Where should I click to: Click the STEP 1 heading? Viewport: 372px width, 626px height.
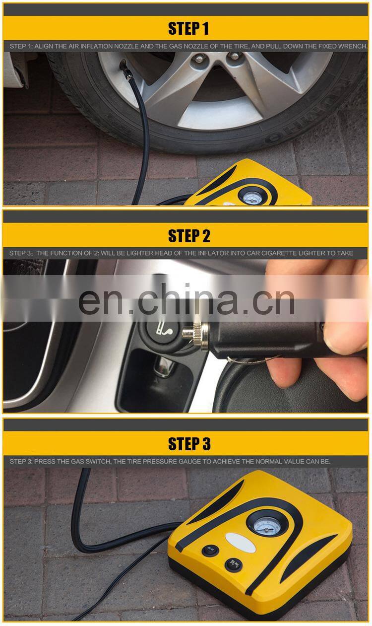pos(188,28)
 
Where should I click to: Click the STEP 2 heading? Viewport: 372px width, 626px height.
pos(189,236)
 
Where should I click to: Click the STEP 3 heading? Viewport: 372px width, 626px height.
pos(189,443)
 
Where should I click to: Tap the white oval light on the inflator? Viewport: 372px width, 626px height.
pos(241,542)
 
